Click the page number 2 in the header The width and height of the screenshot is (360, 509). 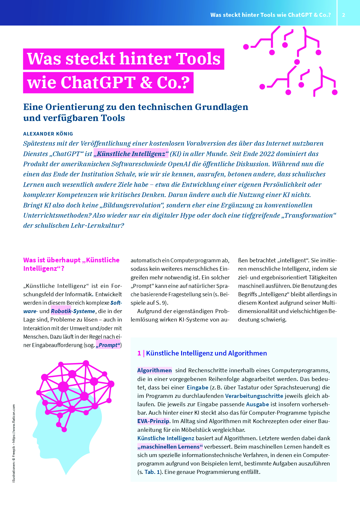click(343, 15)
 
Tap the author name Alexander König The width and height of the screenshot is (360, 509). click(48, 134)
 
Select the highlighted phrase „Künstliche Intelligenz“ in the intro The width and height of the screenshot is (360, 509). click(131, 154)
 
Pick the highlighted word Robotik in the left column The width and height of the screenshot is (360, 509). click(61, 311)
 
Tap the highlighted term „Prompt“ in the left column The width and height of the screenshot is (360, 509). click(108, 345)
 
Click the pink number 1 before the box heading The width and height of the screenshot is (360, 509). click(139, 353)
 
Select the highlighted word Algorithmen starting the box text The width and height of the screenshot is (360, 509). click(154, 370)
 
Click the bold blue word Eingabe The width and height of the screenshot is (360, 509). click(197, 387)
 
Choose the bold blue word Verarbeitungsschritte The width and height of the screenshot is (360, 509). click(254, 396)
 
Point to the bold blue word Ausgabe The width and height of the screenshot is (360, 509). click(258, 404)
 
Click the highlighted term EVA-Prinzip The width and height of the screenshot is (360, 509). click(153, 421)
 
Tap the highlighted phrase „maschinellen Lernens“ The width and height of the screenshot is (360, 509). click(170, 447)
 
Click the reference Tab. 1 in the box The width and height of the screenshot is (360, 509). click(152, 472)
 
